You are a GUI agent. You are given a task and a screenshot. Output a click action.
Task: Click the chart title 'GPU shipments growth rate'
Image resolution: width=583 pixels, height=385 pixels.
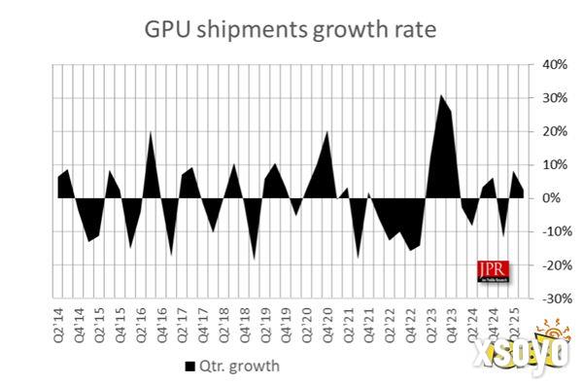[x=292, y=28]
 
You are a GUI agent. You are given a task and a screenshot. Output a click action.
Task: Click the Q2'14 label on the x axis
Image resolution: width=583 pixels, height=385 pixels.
[x=57, y=321]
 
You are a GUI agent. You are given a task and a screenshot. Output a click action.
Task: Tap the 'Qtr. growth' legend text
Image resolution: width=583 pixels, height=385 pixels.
[x=239, y=367]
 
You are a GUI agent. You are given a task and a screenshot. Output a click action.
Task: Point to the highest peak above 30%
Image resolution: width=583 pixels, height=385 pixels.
[x=440, y=95]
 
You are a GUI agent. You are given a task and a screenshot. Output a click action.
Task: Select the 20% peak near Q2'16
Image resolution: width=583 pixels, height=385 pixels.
[x=151, y=132]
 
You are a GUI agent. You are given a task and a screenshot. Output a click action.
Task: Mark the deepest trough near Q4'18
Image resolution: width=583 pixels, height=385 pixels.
[x=255, y=260]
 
